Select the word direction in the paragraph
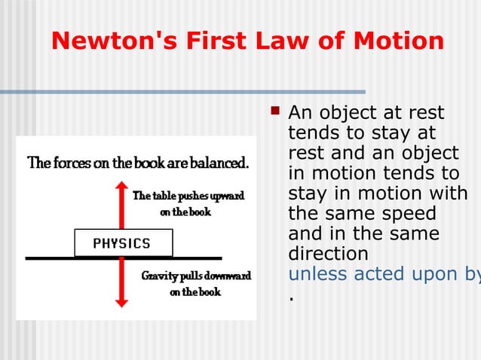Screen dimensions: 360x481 tap(329, 253)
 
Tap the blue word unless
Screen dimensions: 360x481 tap(317, 273)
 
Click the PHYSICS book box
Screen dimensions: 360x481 tap(123, 243)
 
